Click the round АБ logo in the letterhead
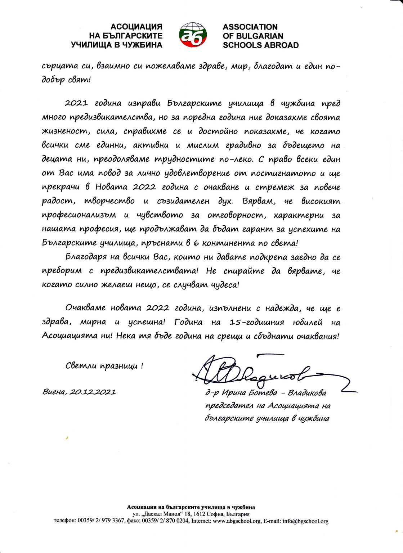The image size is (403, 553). click(x=193, y=35)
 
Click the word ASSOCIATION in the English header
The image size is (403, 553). click(x=250, y=27)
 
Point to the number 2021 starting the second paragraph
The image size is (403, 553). click(x=76, y=104)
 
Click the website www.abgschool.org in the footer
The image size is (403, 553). click(x=236, y=521)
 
